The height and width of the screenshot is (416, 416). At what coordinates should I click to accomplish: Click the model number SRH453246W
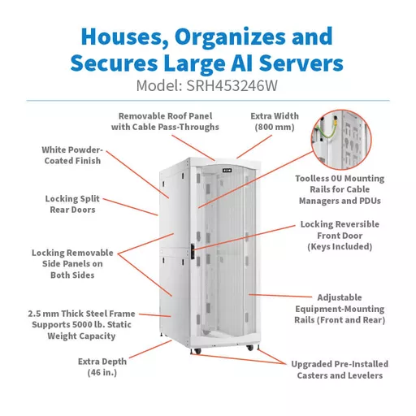[232, 85]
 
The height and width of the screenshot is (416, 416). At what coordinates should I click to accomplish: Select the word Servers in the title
[301, 63]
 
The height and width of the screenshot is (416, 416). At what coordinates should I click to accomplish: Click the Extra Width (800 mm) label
[275, 122]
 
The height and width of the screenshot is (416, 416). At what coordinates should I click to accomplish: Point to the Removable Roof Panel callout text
[165, 122]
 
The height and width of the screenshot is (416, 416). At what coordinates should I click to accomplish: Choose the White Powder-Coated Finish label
[72, 155]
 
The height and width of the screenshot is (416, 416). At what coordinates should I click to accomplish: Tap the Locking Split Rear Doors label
[72, 204]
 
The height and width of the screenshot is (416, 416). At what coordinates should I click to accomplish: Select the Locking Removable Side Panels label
[72, 264]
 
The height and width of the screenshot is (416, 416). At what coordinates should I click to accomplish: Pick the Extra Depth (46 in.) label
[102, 367]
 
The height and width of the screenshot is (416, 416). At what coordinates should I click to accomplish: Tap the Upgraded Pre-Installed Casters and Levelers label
[340, 370]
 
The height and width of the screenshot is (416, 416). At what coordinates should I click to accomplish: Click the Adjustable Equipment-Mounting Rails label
[340, 309]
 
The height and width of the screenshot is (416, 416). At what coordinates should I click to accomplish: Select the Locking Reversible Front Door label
[340, 236]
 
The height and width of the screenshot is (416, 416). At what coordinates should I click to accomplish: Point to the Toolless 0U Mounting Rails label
[340, 189]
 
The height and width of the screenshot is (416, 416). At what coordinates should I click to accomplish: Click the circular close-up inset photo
[341, 140]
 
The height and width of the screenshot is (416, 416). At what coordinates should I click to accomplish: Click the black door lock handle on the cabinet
[193, 252]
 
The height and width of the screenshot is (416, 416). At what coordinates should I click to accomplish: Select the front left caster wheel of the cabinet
[197, 351]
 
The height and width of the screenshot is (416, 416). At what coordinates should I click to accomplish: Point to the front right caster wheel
[249, 348]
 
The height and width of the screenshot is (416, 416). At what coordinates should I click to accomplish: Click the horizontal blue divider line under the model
[208, 101]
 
